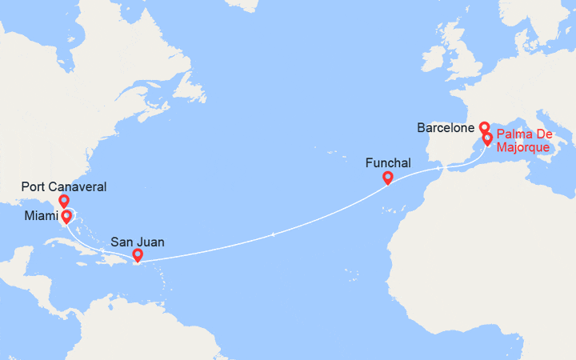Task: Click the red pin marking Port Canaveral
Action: coord(64,200)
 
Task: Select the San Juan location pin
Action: coord(138,255)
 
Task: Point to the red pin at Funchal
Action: coord(387,178)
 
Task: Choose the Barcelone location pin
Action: coord(484,126)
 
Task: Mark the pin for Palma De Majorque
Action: coord(488,139)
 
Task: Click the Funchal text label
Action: coord(388,162)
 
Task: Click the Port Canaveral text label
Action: coord(64,186)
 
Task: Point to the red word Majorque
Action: coord(522,147)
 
